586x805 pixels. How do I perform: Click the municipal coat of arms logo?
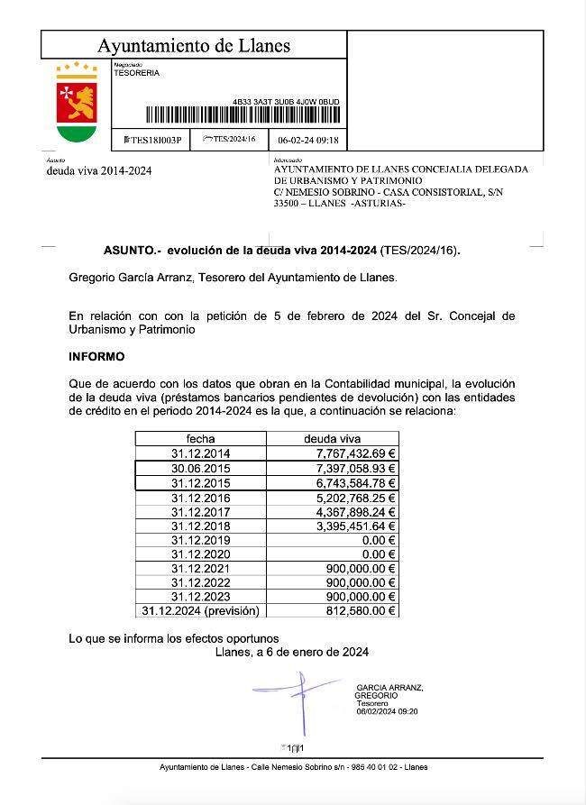77,102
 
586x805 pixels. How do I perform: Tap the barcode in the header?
243,114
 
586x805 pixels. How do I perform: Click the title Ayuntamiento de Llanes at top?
194,46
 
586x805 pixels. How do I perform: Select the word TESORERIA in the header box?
137,74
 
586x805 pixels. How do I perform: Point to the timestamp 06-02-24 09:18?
307,140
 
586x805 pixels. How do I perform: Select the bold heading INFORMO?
96,356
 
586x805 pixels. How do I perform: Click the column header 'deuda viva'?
332,438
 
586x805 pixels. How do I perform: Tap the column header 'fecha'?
200,438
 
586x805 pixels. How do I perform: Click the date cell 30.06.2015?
200,468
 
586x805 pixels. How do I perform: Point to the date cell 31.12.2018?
200,526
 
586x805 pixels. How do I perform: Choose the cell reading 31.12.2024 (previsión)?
200,611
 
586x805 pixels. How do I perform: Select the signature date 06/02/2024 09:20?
387,711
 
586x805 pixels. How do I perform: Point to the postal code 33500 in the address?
288,203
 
